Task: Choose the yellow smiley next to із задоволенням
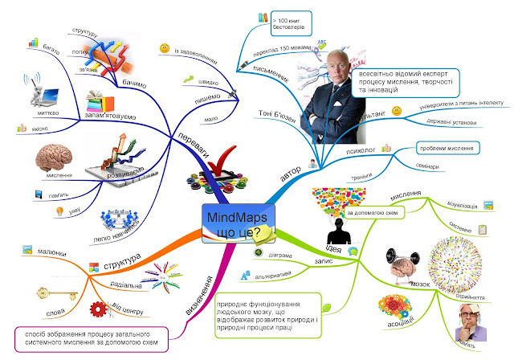164,50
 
